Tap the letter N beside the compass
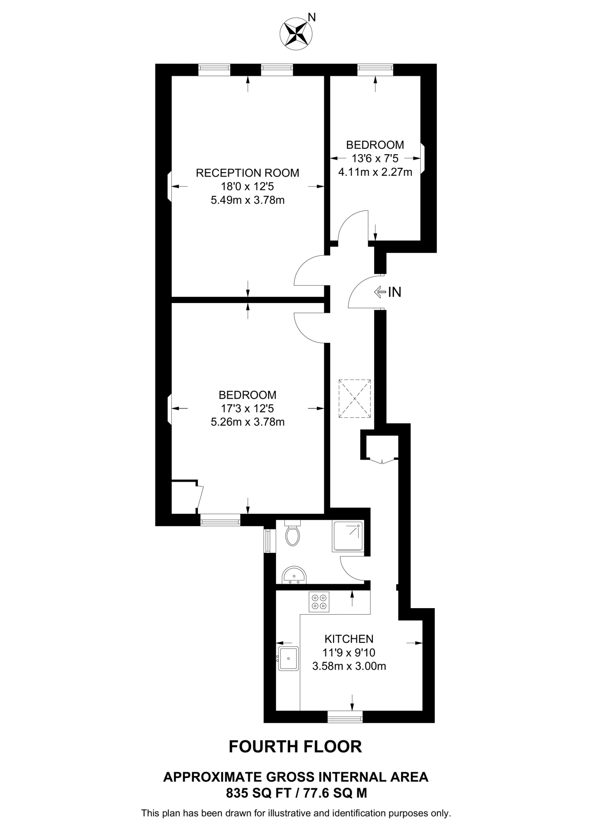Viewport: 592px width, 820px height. (x=312, y=17)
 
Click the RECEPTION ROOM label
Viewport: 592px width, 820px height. (x=247, y=173)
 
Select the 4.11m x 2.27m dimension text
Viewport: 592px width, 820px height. (x=375, y=172)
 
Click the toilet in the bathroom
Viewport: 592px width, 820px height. (x=293, y=533)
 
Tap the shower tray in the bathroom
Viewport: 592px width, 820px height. (x=347, y=536)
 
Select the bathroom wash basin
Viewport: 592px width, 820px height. (x=294, y=575)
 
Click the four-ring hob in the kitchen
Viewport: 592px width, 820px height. (x=319, y=602)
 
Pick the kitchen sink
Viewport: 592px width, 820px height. (x=288, y=658)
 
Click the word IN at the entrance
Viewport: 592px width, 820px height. (x=395, y=292)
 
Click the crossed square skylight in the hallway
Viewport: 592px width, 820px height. (x=355, y=399)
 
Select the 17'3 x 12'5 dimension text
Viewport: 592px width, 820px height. (x=247, y=408)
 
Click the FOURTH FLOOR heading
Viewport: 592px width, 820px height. (x=295, y=747)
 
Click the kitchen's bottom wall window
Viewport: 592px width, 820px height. (x=345, y=716)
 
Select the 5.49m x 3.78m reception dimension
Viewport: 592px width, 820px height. (x=247, y=200)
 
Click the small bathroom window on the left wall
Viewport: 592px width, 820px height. (x=267, y=541)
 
